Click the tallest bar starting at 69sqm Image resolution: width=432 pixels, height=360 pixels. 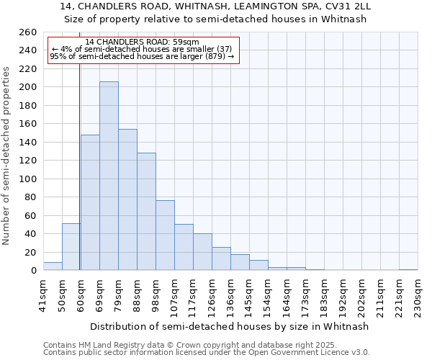(x=109, y=176)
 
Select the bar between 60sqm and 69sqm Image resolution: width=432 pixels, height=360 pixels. (x=90, y=202)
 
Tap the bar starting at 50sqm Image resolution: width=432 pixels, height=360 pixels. (x=71, y=247)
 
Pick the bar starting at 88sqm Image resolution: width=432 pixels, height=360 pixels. (x=146, y=212)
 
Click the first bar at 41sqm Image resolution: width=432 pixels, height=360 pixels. (x=53, y=266)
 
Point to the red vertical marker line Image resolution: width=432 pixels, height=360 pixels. (x=79, y=158)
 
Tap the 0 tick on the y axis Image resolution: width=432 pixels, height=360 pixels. (x=33, y=271)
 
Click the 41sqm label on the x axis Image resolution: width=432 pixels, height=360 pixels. (x=44, y=295)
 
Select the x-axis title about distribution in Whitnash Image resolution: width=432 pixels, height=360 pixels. (x=230, y=326)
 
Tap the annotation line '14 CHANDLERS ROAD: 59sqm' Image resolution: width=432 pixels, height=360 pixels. (x=142, y=42)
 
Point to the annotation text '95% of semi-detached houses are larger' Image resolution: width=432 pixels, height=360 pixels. (x=142, y=56)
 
